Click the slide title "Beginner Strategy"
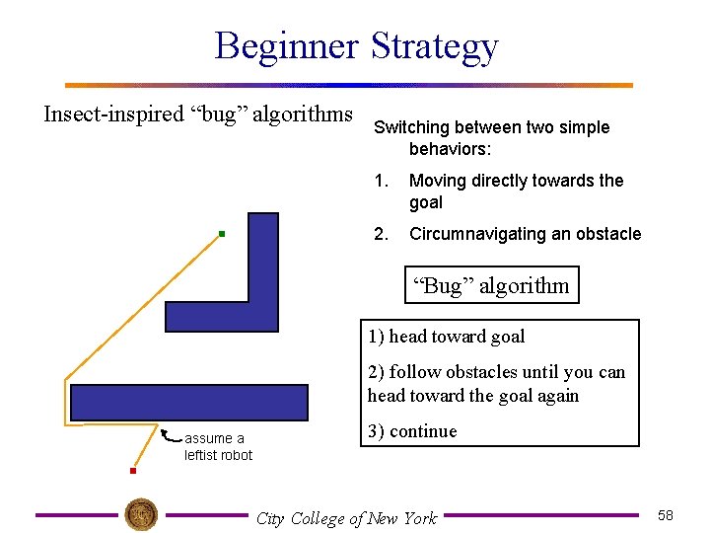coord(356,46)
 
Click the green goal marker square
coord(223,234)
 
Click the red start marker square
coord(132,472)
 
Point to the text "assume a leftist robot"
coord(218,447)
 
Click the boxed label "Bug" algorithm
coord(490,286)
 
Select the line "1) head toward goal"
coord(446,337)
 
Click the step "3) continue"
coord(412,431)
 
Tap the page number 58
coord(665,516)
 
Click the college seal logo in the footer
coord(142,514)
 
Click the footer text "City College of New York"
coord(346,518)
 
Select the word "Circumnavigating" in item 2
coord(469,234)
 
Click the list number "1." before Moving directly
coord(381,181)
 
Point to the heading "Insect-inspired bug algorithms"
coord(198,114)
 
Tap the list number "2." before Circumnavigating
coord(381,234)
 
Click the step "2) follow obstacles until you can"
coord(496,372)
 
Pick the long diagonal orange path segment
coord(143,307)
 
